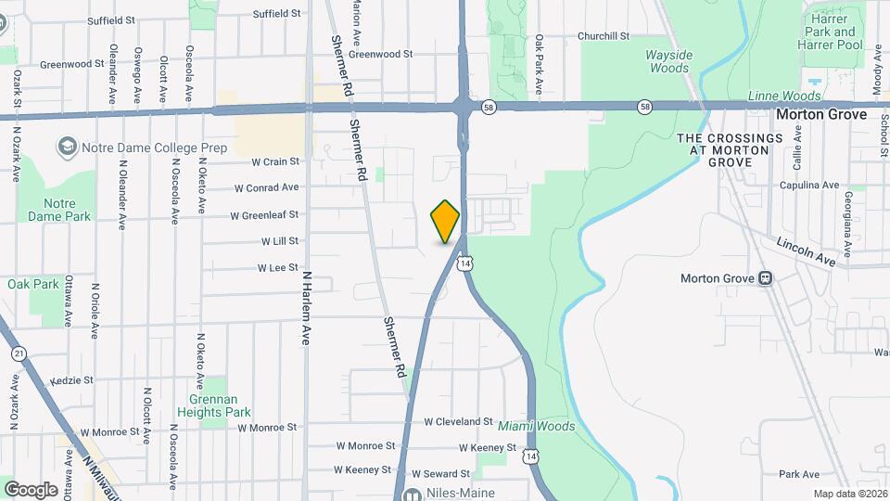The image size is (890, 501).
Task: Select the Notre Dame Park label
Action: (x=67, y=210)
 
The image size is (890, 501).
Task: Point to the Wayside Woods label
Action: (x=668, y=61)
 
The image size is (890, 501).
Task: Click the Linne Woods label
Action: (x=784, y=96)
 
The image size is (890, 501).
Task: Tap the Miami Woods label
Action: (x=536, y=427)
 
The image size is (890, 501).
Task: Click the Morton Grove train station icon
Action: (x=766, y=277)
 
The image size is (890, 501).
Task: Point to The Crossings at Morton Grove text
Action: (x=730, y=149)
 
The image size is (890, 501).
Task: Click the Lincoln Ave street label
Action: (x=806, y=251)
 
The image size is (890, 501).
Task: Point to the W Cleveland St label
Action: (x=458, y=421)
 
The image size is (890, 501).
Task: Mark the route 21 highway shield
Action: (x=19, y=353)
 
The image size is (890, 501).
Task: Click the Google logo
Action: (x=31, y=489)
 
